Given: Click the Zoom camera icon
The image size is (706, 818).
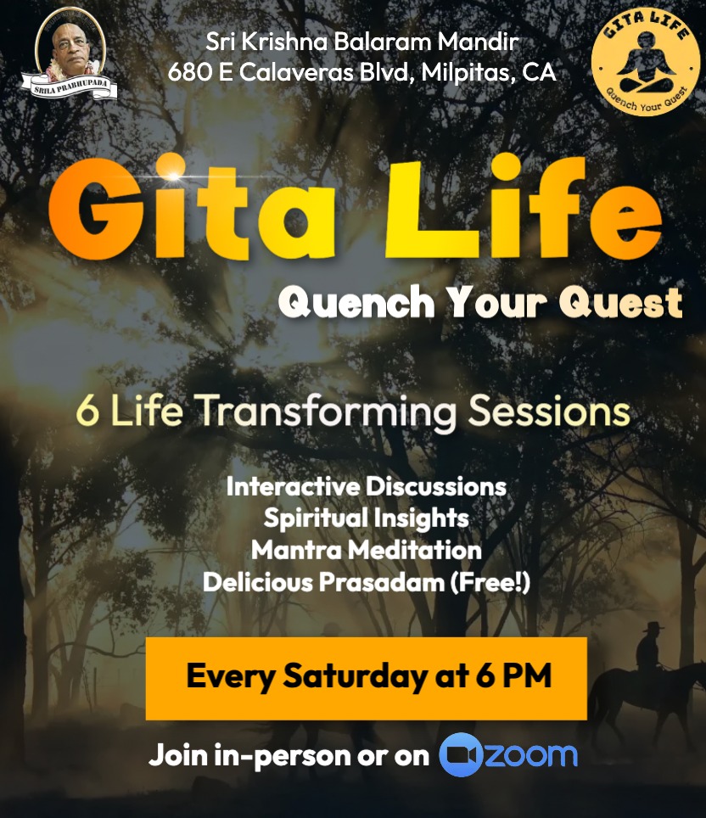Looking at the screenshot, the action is [x=460, y=755].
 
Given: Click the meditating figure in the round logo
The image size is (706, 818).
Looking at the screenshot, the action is [x=646, y=62].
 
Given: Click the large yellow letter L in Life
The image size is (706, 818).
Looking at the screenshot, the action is [x=429, y=210].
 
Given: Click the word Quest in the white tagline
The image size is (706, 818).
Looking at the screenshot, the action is [x=620, y=303].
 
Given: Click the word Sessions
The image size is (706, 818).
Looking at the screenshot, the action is [x=549, y=412].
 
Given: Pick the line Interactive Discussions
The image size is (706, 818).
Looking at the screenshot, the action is [x=367, y=486].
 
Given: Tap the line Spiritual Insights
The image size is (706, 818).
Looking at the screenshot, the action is [x=367, y=518].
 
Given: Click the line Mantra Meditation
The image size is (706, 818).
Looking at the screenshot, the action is [x=367, y=550].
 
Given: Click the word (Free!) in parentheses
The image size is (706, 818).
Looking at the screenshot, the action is [x=490, y=582].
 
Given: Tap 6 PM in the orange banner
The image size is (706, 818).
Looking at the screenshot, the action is [x=513, y=675].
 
